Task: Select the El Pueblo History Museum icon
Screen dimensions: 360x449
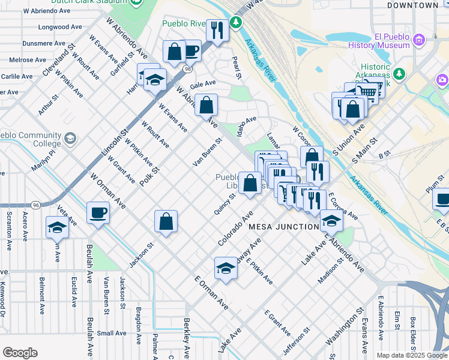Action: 418,40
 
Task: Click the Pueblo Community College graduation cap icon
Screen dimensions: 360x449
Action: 70,139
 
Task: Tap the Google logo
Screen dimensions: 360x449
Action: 20,353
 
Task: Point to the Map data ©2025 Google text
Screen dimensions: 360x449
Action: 412,355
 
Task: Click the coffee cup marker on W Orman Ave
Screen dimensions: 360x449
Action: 98,212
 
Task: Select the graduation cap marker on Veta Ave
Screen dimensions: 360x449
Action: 57,227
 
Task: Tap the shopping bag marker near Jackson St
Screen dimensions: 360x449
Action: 166,221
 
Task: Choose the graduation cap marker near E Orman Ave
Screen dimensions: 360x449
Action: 226,268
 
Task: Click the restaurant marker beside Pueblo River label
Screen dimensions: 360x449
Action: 217,29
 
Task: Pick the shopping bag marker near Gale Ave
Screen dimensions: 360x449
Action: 206,105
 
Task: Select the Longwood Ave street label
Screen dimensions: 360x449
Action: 59,27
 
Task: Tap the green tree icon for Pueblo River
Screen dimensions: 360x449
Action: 237,23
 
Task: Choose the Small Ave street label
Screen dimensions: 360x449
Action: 112,332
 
